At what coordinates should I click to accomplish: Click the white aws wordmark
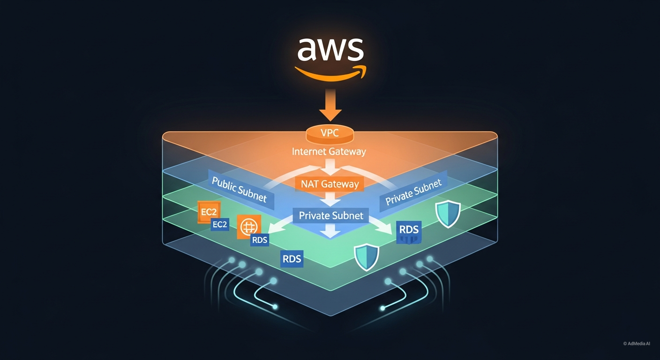(330, 49)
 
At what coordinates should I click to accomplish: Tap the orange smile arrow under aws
(330, 73)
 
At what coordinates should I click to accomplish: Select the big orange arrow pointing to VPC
(330, 107)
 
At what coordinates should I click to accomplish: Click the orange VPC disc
(330, 134)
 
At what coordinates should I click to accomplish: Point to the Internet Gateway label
(329, 152)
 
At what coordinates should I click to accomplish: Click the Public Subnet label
(240, 189)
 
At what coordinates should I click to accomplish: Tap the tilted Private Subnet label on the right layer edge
(413, 192)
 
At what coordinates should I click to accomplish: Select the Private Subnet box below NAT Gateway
(331, 216)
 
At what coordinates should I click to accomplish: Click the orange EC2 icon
(208, 212)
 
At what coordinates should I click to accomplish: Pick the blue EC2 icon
(219, 225)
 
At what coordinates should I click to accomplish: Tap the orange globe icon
(248, 226)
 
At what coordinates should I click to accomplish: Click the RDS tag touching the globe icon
(259, 240)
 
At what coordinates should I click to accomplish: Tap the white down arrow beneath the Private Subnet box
(330, 230)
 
